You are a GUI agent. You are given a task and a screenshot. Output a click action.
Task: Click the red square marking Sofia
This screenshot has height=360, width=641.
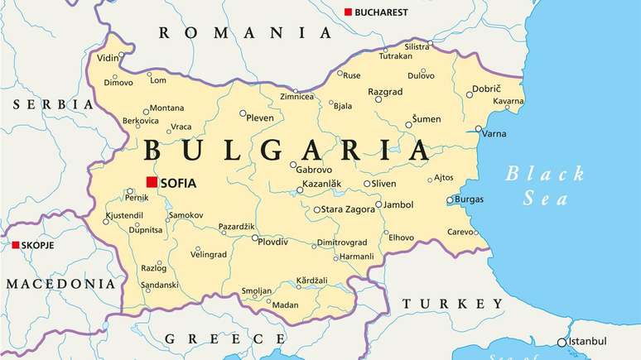click(x=152, y=182)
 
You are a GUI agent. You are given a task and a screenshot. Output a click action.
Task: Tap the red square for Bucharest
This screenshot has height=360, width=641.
click(x=349, y=12)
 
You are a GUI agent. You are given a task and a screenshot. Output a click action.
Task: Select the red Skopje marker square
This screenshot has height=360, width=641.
click(x=15, y=245)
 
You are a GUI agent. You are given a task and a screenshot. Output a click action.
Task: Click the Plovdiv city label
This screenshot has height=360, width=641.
click(x=273, y=242)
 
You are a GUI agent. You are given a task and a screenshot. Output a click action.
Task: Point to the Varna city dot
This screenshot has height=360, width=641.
click(x=479, y=129)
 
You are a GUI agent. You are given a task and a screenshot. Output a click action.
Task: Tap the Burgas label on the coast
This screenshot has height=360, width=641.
click(x=469, y=199)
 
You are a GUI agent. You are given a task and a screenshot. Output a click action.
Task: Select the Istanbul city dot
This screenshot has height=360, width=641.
click(x=561, y=342)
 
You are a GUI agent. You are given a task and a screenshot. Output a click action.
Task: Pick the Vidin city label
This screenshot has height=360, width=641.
click(x=108, y=58)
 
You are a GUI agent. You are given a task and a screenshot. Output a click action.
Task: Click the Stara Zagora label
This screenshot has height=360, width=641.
click(x=347, y=209)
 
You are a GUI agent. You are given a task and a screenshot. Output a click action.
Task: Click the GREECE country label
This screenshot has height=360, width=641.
click(x=225, y=338)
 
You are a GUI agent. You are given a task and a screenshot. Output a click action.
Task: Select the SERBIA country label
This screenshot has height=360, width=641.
click(x=52, y=104)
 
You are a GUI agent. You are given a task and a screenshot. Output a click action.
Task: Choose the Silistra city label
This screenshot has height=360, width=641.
click(x=417, y=46)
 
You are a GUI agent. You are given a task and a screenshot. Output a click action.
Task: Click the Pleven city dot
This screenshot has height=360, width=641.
click(x=243, y=113)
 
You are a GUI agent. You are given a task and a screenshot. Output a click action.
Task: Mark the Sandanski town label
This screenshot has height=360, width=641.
click(x=160, y=285)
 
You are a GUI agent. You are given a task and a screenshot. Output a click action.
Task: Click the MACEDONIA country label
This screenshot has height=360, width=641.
click(x=60, y=283)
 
